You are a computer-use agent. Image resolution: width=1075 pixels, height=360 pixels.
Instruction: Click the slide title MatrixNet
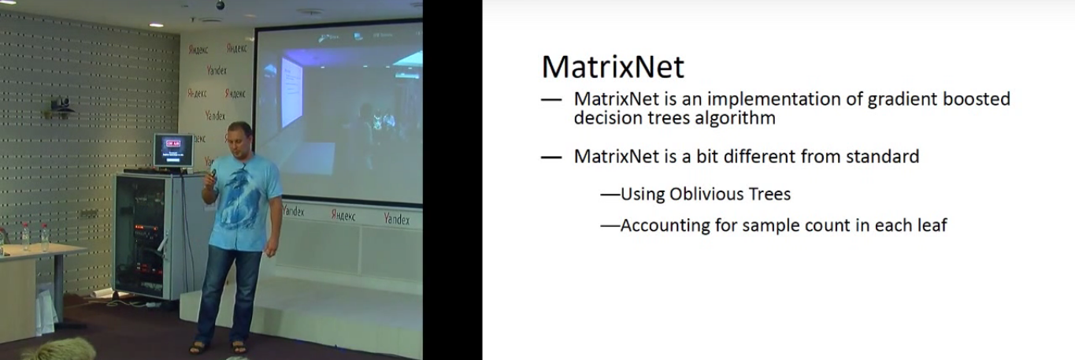point(613,67)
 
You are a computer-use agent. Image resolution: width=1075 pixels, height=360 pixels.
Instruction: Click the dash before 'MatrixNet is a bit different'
point(551,157)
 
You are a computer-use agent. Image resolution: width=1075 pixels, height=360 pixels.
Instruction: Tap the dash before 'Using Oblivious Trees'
point(610,195)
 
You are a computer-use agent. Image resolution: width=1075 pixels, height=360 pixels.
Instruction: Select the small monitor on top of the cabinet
point(173,150)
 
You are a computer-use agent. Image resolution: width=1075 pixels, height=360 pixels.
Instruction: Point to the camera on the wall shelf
point(61,105)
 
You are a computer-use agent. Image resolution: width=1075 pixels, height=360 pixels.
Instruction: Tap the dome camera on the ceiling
point(221,5)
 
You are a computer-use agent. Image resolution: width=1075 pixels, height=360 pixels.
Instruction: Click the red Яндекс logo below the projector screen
point(343,216)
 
